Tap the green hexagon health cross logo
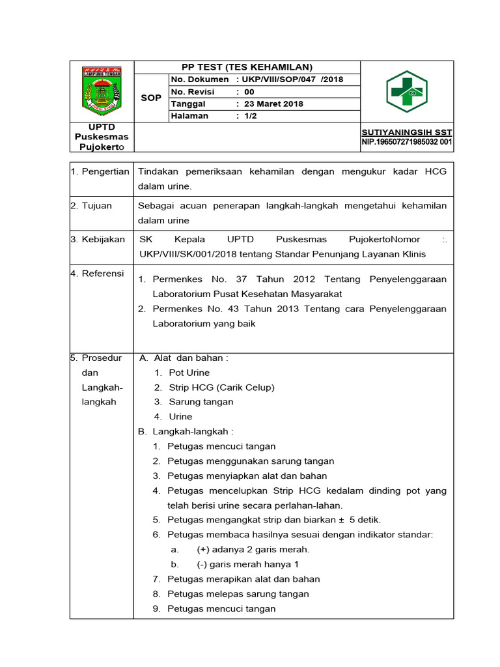[x=406, y=91]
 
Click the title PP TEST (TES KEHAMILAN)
[x=247, y=67]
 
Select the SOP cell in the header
[x=151, y=98]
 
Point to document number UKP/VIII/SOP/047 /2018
[x=292, y=79]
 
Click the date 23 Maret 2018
[x=273, y=104]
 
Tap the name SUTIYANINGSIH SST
[x=407, y=132]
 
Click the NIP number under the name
[x=407, y=142]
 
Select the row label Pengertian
[x=105, y=171]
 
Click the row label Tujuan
[x=97, y=206]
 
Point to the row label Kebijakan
[x=102, y=240]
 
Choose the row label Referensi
[x=102, y=274]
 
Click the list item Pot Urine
[x=189, y=373]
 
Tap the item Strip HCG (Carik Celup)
[x=221, y=387]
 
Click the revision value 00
[x=249, y=92]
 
